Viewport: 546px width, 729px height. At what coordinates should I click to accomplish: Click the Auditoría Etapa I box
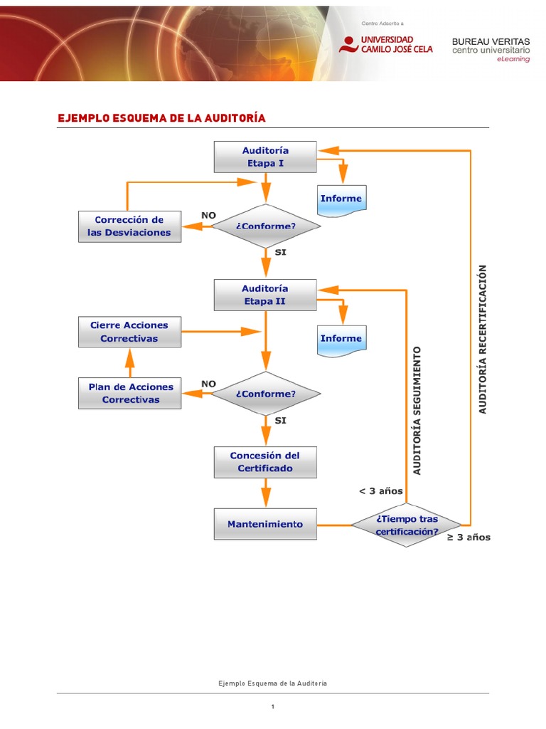265,157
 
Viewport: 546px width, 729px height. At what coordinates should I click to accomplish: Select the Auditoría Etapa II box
265,295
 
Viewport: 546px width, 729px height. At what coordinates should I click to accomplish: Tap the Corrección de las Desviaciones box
129,226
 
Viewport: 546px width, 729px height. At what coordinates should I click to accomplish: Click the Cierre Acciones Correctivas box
129,332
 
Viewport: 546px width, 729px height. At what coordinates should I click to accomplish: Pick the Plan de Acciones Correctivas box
130,393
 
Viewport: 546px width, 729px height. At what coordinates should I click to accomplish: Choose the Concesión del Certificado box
265,462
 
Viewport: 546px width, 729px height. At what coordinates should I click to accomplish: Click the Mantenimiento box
265,524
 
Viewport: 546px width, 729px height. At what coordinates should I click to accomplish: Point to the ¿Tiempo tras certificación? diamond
407,525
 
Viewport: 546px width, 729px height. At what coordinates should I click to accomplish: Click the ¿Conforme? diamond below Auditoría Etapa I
265,226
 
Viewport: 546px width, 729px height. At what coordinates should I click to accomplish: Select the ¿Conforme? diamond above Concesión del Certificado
265,394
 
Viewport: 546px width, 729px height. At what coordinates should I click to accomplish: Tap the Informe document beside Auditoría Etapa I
341,199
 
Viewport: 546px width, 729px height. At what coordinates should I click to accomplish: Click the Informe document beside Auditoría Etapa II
341,339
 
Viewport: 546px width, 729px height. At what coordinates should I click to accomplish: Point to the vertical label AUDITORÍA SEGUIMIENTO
417,410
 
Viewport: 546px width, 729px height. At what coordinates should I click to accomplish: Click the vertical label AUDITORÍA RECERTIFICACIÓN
483,339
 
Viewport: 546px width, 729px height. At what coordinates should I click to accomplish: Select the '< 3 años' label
381,491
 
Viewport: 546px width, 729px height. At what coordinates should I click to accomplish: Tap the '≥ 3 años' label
469,537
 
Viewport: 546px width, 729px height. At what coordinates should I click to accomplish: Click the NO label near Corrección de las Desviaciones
208,214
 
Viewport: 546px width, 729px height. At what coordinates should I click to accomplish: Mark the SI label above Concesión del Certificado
280,421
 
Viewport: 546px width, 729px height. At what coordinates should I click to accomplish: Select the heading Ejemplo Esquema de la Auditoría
161,117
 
